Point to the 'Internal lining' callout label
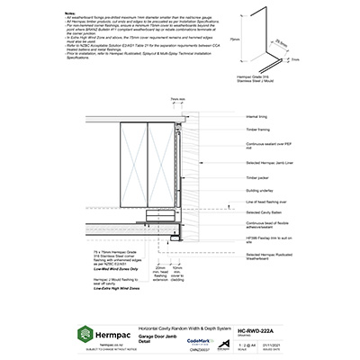[256, 117]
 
